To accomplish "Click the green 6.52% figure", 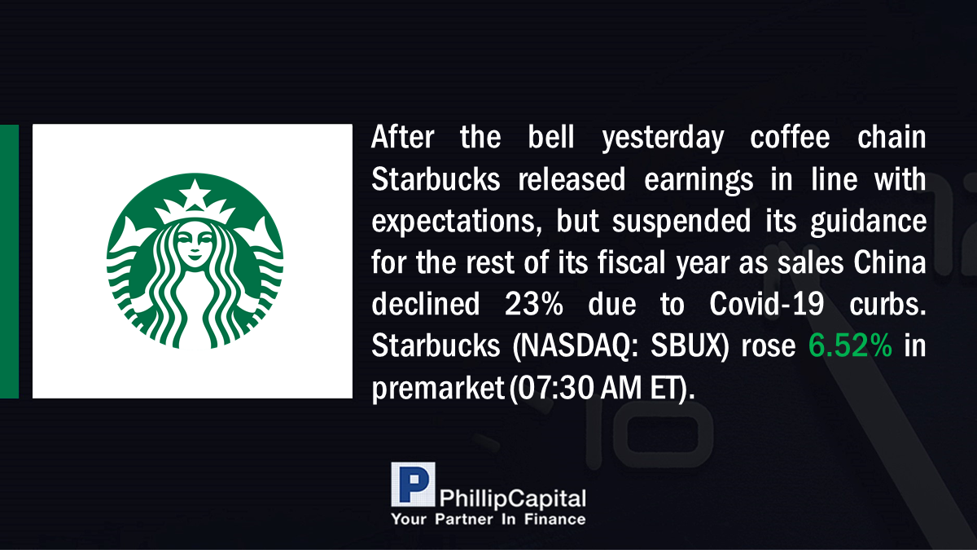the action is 850,345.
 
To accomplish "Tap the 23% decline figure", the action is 534,304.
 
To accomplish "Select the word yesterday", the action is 663,139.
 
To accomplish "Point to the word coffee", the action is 790,137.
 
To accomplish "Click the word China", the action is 890,262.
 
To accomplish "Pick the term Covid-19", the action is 766,304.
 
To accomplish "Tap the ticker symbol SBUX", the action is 686,345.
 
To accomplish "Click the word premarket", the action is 438,389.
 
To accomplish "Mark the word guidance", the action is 869,222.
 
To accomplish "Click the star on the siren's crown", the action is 195,192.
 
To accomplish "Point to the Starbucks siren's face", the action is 195,245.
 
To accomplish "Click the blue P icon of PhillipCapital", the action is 413,484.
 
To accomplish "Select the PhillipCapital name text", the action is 512,499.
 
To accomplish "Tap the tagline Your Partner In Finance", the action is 488,519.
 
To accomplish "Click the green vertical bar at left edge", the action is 9,261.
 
